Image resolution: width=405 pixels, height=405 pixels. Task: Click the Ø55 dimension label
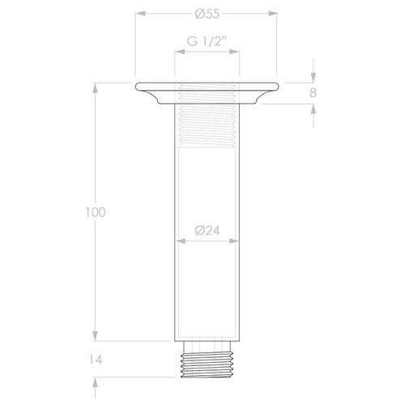(207, 13)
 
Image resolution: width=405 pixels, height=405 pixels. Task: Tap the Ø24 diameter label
(207, 231)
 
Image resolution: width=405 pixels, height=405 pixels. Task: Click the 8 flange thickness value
(312, 92)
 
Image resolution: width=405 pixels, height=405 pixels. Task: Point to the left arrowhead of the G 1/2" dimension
(177, 51)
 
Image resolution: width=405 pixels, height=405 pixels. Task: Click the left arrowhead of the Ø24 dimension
(177, 241)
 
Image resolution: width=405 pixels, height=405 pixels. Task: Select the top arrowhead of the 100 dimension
(96, 85)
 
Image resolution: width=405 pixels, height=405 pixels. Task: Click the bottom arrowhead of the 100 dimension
(96, 339)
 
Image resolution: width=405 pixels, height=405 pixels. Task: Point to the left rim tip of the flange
(136, 85)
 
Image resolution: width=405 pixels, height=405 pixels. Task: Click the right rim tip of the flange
(278, 85)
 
